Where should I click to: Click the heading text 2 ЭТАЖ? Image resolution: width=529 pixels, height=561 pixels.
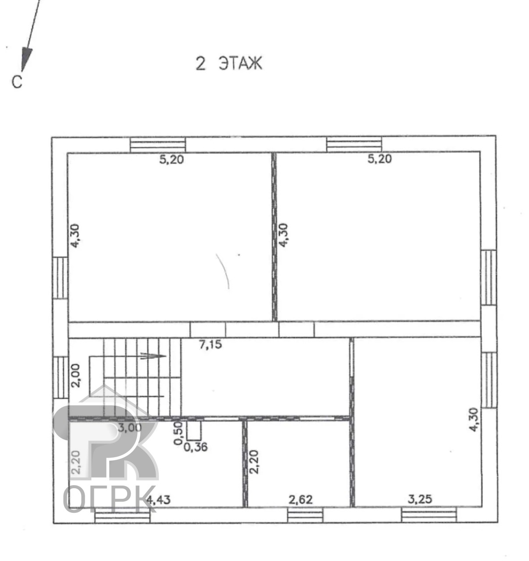point(229,63)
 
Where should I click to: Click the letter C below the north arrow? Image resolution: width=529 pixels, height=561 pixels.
point(17,82)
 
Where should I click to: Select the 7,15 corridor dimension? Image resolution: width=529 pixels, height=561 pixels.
point(211,344)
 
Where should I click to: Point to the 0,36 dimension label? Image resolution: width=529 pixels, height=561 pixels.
point(196,447)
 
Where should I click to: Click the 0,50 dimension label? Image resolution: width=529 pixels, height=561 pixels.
point(178,433)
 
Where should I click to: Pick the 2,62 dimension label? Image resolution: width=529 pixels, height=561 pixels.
point(300,500)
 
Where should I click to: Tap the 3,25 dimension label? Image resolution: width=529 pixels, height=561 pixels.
point(420,499)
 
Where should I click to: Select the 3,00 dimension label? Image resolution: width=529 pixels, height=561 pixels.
point(129,428)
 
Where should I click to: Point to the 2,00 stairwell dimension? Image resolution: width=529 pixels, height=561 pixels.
point(75,376)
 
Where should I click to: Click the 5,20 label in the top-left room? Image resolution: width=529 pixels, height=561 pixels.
point(172,160)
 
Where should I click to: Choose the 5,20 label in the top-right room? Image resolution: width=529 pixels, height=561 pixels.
point(379,159)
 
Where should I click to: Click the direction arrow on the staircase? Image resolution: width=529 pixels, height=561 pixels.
point(153,356)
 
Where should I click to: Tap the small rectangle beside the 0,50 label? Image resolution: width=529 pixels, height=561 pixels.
point(194,430)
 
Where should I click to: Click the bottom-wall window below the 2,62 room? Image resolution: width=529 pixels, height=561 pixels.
point(305,515)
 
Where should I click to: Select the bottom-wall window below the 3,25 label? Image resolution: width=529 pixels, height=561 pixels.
point(429,515)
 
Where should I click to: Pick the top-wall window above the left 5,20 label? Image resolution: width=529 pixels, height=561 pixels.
point(158,145)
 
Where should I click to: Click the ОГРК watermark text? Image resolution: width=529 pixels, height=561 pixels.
point(110,499)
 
